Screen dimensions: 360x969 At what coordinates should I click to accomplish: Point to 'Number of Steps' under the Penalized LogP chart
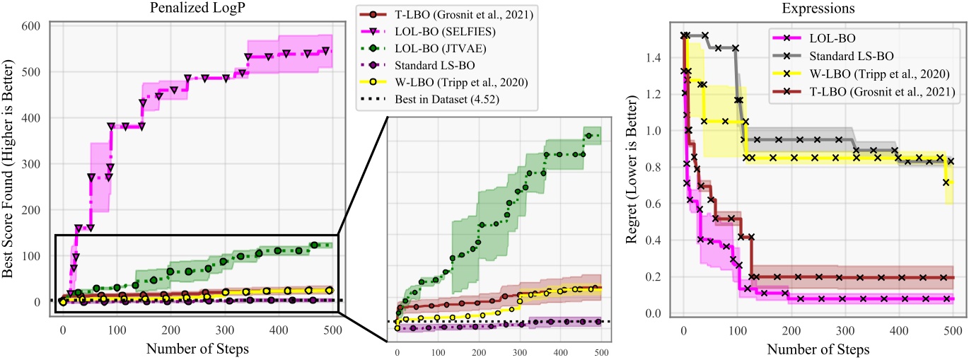(x=196, y=349)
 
